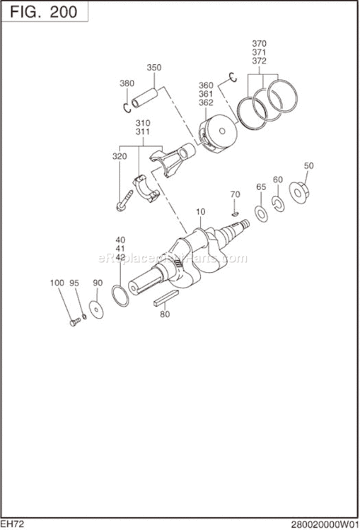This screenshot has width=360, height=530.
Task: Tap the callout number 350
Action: tap(154, 68)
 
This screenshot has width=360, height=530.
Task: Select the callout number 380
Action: tap(127, 83)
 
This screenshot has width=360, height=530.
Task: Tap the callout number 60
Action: tap(278, 179)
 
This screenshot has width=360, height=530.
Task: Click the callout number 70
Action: tap(235, 194)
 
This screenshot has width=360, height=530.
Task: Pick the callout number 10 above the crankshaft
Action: tap(200, 211)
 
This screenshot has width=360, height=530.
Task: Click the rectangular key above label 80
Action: tap(166, 299)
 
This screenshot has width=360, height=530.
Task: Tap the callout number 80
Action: tap(165, 314)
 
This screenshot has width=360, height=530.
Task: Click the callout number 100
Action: tap(57, 283)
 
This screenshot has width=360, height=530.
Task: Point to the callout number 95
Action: tap(74, 283)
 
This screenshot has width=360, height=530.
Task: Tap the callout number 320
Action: tap(120, 156)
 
